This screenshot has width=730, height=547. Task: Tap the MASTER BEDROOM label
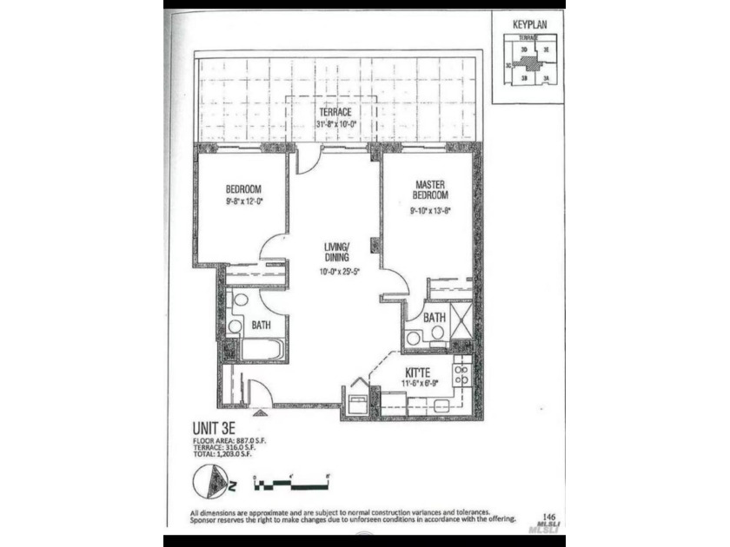point(430,190)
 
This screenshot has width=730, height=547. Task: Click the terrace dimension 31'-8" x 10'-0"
point(335,124)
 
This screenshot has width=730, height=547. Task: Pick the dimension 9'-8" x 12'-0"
point(243,203)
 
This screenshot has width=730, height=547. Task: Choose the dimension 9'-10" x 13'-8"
point(430,209)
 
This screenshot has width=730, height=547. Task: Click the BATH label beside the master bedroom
point(435,319)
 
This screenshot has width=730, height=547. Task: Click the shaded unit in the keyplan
point(524,63)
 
